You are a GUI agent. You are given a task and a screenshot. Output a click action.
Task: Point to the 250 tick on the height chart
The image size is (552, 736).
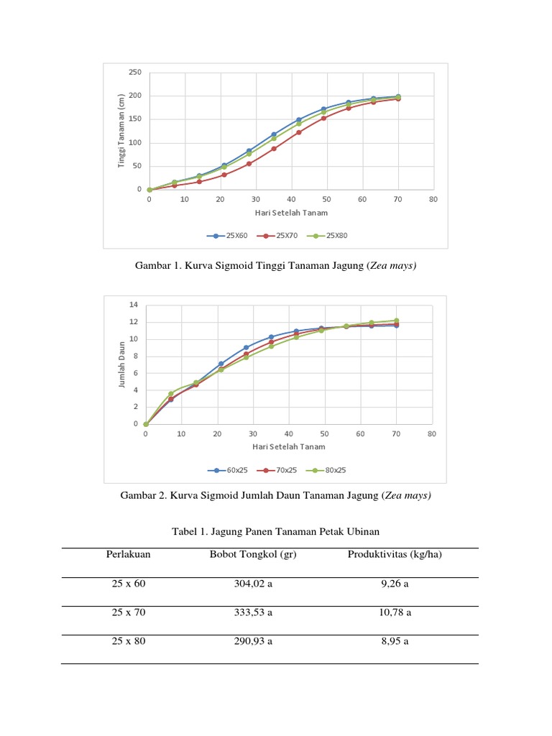coord(135,73)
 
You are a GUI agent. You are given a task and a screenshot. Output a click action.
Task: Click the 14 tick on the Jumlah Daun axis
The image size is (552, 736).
coord(133,305)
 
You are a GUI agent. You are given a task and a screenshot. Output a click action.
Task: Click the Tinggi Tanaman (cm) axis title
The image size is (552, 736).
coord(121,132)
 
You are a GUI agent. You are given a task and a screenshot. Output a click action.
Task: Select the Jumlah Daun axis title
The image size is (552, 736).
coord(121,364)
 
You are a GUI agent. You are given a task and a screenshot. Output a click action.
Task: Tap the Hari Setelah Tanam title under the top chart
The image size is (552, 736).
coord(291,213)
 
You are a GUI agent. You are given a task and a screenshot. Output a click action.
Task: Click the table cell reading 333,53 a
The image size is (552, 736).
coord(253,612)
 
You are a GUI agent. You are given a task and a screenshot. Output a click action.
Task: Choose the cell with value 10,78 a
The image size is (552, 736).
coord(394,612)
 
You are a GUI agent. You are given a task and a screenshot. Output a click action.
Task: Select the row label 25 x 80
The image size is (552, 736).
coord(129,641)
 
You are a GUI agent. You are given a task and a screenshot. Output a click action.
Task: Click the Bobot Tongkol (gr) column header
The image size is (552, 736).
coord(253,554)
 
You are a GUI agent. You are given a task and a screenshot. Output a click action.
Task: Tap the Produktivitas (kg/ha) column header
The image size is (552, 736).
coord(394,554)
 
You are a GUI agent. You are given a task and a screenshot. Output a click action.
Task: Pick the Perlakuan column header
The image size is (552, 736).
coord(129,554)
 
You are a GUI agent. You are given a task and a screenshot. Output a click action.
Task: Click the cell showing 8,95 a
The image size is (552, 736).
coord(394,641)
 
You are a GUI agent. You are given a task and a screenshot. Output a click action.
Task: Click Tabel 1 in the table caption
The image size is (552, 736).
coord(190,531)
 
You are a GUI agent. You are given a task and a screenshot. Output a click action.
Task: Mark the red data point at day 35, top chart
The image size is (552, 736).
coord(274,149)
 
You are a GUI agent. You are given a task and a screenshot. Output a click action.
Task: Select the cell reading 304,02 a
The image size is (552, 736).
coord(253,584)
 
